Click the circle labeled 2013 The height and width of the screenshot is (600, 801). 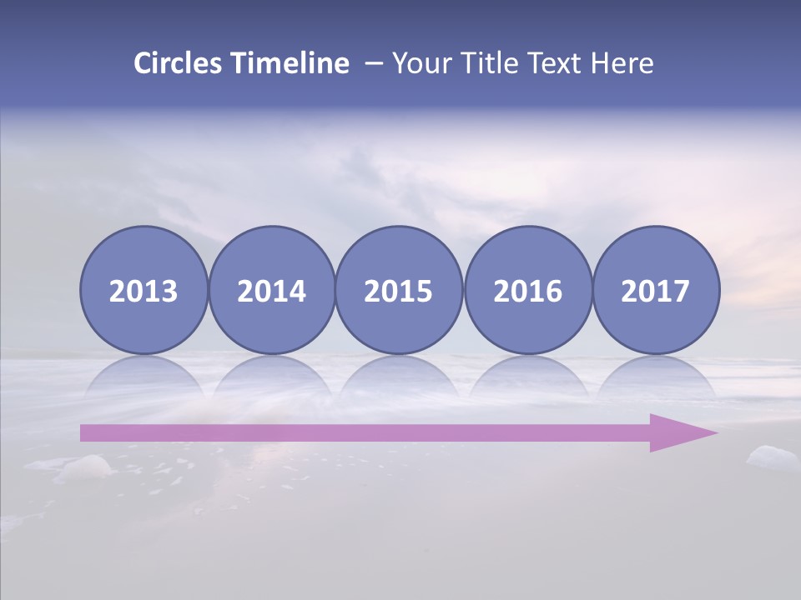[x=144, y=291]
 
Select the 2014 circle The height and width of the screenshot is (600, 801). [x=271, y=291]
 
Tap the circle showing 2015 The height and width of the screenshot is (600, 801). [x=399, y=291]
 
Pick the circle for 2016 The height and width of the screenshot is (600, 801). [x=527, y=291]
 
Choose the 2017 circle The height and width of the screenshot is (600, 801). [x=656, y=291]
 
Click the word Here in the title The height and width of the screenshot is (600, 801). [x=623, y=63]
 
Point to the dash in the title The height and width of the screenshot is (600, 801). [x=374, y=64]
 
